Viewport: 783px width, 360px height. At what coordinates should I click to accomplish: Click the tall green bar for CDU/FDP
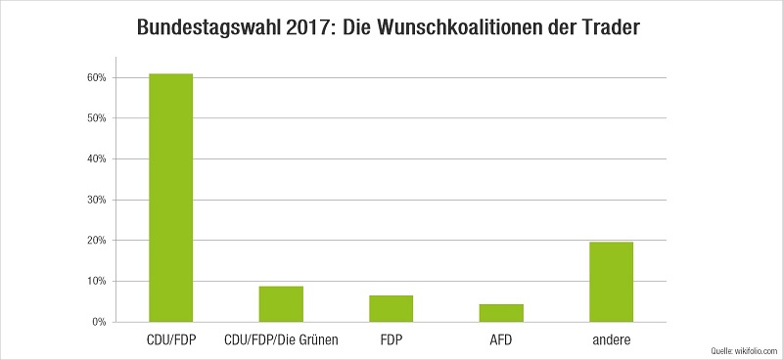tap(170, 198)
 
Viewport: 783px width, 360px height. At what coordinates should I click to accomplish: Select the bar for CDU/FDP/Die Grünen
tap(281, 304)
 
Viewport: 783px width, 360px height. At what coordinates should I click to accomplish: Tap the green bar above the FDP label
tap(391, 308)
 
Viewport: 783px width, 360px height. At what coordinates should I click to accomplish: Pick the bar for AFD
tap(501, 313)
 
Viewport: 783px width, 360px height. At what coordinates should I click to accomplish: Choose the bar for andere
tap(611, 282)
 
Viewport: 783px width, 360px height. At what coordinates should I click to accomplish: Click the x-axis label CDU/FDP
tap(170, 340)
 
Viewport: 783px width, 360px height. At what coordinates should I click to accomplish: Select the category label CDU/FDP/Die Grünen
tap(281, 340)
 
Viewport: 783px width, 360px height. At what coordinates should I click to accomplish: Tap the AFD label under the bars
tap(501, 340)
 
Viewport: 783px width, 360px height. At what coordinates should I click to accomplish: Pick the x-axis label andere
tap(611, 340)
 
